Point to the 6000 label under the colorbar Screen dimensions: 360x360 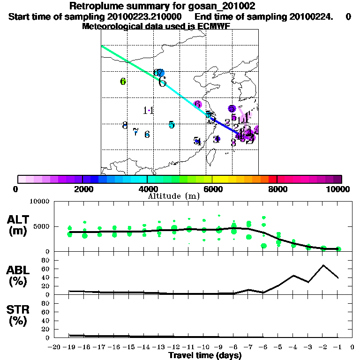tap(212, 189)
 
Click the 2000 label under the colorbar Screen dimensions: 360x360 tap(82, 189)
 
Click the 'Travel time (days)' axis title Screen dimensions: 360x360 tap(205, 356)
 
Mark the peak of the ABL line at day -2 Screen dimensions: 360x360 tap(323, 265)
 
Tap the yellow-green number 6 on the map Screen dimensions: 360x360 tap(123, 82)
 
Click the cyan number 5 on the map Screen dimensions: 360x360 tap(172, 125)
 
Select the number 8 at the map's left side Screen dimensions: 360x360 tap(125, 126)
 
